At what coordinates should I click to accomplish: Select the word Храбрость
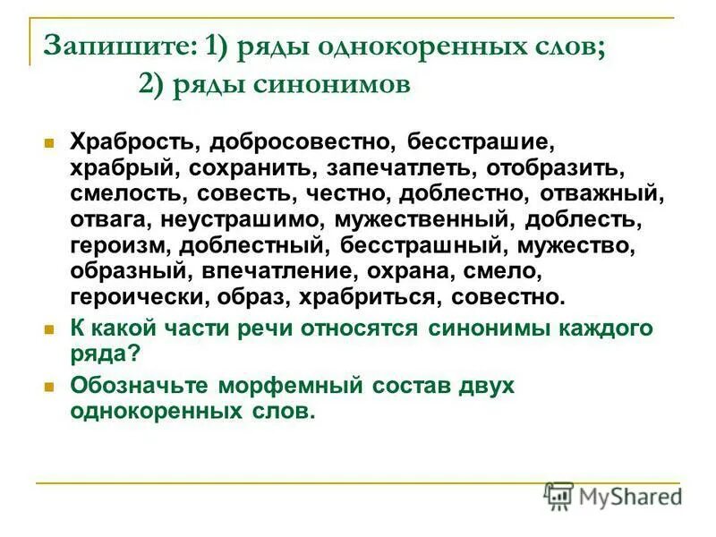[133, 142]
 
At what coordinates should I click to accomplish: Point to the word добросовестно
[303, 142]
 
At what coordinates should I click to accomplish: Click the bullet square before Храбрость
[50, 142]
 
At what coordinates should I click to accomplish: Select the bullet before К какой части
[50, 328]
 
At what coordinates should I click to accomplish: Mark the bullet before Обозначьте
[50, 387]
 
